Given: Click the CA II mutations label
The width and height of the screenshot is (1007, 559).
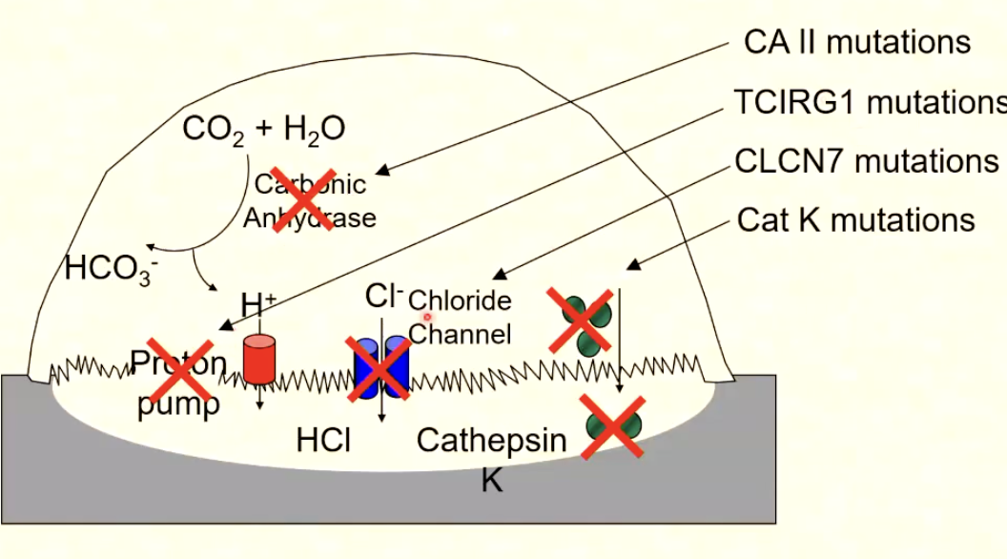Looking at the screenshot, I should coord(856,42).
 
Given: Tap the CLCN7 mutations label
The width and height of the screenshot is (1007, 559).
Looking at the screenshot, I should coord(866,161).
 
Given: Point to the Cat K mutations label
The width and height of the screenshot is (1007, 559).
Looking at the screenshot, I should coord(855,220).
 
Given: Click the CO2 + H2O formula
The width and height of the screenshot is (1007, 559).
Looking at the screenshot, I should coord(263,130).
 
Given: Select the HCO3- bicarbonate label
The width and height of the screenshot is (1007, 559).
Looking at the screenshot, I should coord(111,269).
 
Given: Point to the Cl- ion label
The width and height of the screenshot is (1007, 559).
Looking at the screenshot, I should coord(384,297).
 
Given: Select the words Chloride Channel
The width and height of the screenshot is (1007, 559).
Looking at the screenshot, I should coord(460,318).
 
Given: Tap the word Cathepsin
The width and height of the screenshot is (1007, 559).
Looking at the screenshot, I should coord(491,441).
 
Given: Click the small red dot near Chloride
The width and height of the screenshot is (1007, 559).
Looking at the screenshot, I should coord(428,317).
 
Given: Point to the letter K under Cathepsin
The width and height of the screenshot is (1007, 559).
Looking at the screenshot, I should coord(491,480).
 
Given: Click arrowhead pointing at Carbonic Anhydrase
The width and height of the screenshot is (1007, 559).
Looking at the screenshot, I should coord(380,173).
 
